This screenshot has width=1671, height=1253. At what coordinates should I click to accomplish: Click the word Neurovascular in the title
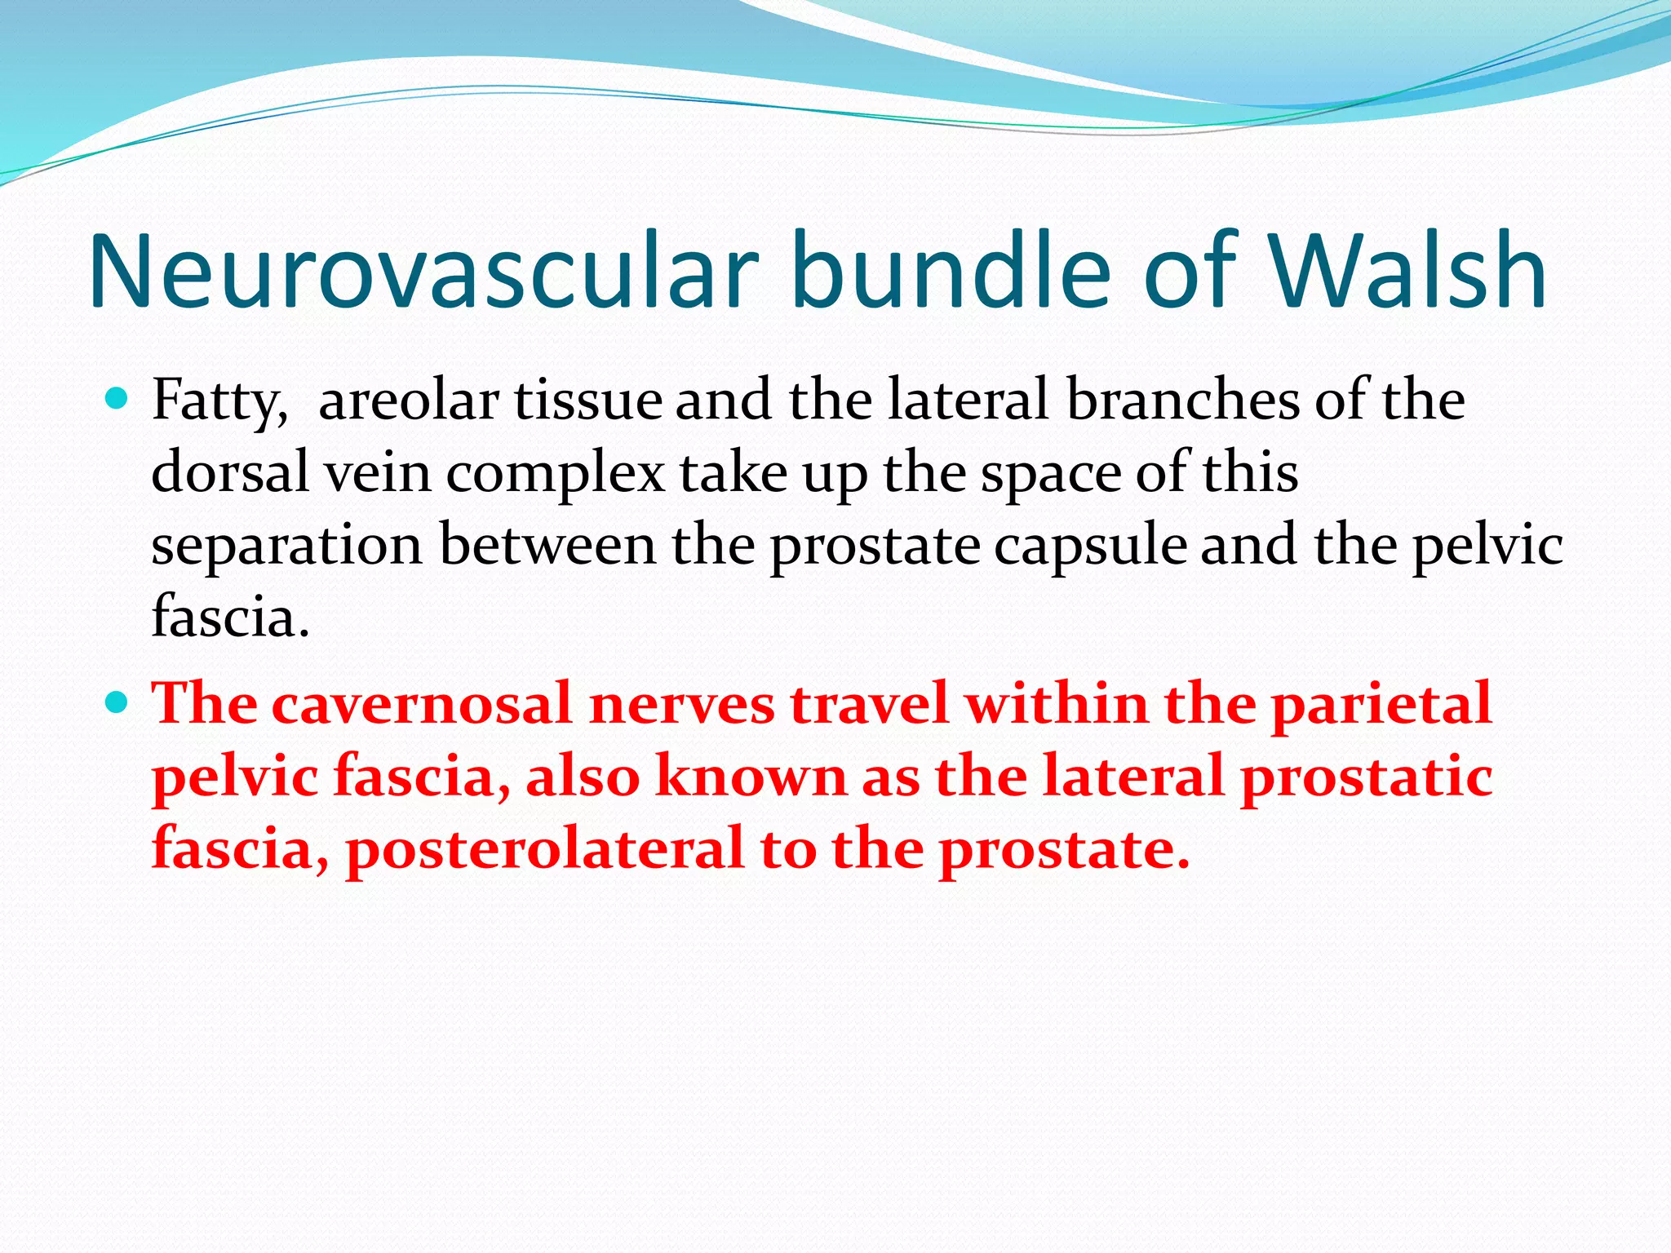(x=424, y=271)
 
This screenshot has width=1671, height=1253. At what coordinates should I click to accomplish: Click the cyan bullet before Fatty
(x=117, y=399)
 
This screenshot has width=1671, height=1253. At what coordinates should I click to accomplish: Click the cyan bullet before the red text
(x=117, y=701)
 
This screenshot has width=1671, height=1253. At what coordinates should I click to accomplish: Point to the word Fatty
(x=219, y=401)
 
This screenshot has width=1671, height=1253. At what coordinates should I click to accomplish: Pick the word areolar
(x=409, y=401)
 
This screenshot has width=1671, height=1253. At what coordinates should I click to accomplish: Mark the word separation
(x=286, y=545)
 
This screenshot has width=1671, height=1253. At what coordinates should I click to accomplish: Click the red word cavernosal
(x=421, y=703)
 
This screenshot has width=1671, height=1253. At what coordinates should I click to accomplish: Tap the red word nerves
(x=681, y=703)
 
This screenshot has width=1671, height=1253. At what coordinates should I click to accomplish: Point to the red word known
(x=751, y=775)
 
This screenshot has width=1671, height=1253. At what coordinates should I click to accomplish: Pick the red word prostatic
(x=1366, y=777)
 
